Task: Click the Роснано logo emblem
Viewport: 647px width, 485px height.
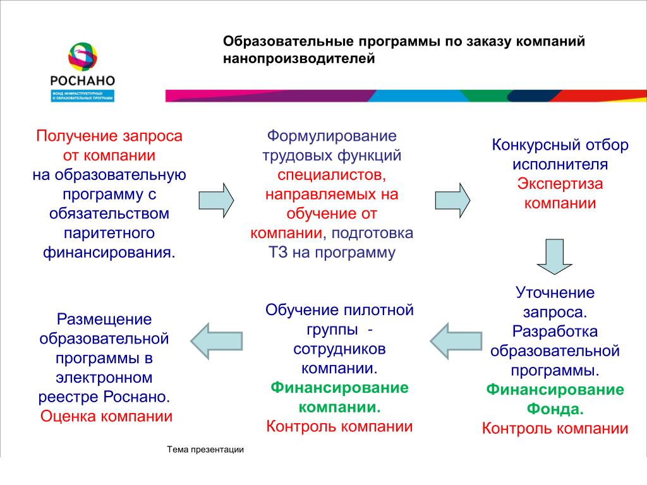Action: (x=83, y=57)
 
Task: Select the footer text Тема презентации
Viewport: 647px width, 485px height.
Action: (x=205, y=450)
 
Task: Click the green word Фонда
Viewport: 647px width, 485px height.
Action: (x=555, y=409)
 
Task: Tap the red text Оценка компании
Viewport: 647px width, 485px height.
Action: (x=106, y=417)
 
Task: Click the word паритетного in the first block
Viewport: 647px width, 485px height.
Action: (x=109, y=233)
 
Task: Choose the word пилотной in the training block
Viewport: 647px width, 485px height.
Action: (x=378, y=310)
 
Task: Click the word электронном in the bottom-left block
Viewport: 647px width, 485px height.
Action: (x=104, y=378)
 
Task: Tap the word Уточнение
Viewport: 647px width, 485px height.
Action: (x=555, y=292)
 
